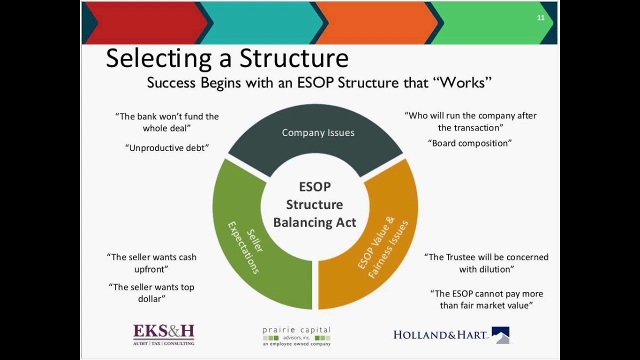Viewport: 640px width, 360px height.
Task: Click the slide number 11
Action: [x=540, y=18]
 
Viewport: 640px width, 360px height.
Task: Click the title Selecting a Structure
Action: [x=227, y=58]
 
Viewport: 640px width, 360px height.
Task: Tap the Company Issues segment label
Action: [x=318, y=132]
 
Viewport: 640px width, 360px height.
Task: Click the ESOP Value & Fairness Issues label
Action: [x=383, y=247]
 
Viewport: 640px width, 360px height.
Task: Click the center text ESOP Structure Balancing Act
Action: [x=314, y=204]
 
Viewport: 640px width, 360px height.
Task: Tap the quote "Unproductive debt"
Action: [x=167, y=148]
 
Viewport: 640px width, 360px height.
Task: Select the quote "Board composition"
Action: [x=470, y=143]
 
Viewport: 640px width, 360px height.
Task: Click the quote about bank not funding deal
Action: [x=167, y=122]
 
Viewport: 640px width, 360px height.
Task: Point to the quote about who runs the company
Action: [x=470, y=121]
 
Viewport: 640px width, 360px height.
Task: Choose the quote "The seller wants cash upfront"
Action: [x=151, y=263]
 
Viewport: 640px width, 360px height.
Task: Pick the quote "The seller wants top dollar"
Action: [x=151, y=293]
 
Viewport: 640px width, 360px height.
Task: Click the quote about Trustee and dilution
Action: [x=486, y=263]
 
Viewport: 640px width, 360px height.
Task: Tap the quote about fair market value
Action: [x=486, y=299]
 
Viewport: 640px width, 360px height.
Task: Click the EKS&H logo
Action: [x=163, y=334]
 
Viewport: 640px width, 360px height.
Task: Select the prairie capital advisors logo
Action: [x=296, y=336]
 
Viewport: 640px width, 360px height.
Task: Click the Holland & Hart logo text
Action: [x=440, y=335]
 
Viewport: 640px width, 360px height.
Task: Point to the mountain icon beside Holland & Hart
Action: [x=500, y=335]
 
